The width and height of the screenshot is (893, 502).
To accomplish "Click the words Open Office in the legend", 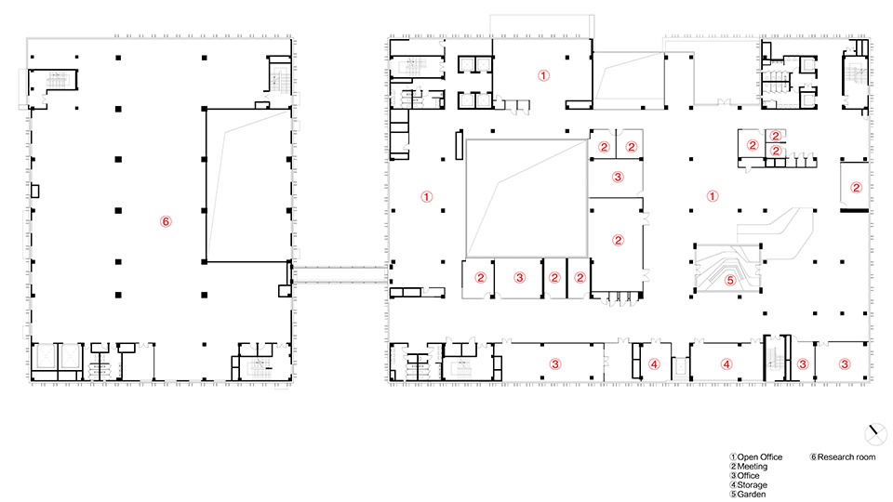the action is (x=760, y=457).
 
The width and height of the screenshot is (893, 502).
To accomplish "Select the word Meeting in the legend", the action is (x=753, y=467).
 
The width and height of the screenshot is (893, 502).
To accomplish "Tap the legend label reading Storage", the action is (x=753, y=485).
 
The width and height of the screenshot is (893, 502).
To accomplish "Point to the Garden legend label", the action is (x=752, y=494).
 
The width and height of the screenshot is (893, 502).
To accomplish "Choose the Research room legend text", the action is (x=846, y=457).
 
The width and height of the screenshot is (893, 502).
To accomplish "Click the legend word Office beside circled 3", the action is (x=748, y=476).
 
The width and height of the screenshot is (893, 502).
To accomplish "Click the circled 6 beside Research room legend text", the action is (x=813, y=457).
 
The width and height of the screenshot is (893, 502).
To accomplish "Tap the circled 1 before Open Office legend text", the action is (x=734, y=457).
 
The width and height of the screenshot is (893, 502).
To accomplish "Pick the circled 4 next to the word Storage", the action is (x=734, y=485).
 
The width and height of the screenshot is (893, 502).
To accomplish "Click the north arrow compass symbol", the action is (x=875, y=434).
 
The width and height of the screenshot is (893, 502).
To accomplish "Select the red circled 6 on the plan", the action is (x=166, y=221).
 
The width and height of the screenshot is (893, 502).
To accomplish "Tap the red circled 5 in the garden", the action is (x=730, y=280).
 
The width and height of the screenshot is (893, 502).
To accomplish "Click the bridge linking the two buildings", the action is (x=340, y=274).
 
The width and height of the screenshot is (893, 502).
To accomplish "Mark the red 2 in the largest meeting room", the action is (x=619, y=240).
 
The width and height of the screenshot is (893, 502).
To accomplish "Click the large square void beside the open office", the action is (x=526, y=198).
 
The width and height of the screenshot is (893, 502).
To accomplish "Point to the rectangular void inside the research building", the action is (x=248, y=185).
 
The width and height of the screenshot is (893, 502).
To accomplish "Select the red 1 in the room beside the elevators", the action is (x=543, y=75).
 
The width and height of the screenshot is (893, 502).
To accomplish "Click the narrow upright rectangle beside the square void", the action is (x=459, y=145).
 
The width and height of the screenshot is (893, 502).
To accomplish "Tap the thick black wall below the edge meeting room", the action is (x=855, y=211).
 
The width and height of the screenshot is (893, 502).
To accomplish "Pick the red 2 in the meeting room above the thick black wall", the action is (x=856, y=188).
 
